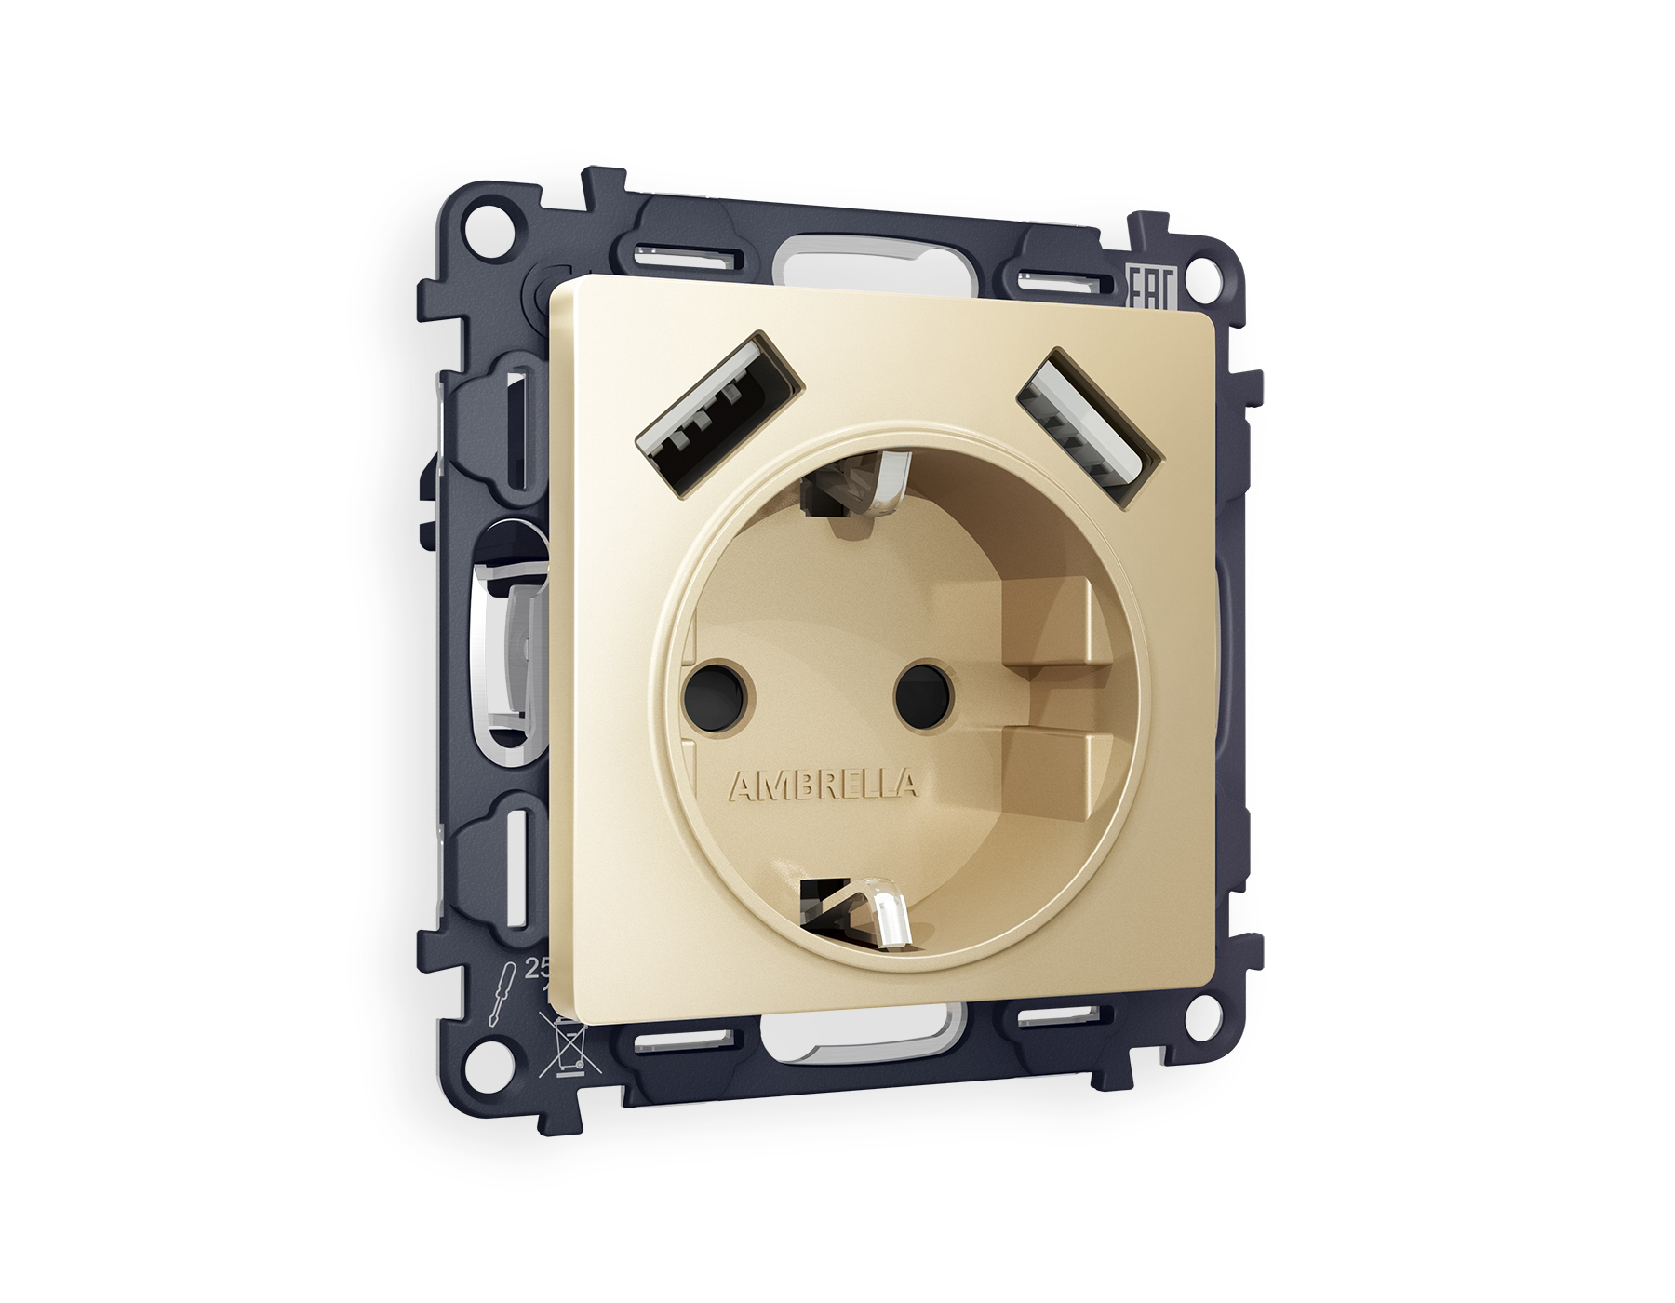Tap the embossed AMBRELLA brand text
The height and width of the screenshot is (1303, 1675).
[823, 786]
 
